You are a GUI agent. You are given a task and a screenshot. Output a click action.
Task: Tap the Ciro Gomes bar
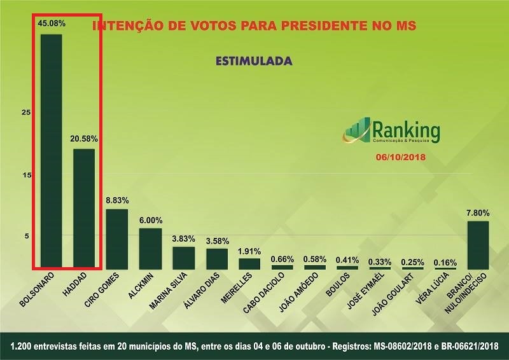(116, 239)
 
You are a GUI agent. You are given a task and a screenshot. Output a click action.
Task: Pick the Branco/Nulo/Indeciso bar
(478, 245)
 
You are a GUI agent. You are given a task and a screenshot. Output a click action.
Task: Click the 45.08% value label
(52, 24)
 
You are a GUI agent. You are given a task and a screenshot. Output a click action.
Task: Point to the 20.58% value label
(84, 138)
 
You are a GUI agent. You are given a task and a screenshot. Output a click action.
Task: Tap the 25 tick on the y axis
(26, 113)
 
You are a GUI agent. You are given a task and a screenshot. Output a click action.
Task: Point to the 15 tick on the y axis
(26, 175)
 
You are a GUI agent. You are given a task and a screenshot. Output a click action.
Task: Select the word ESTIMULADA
(254, 62)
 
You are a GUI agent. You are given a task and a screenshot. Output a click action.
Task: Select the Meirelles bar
(249, 263)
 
